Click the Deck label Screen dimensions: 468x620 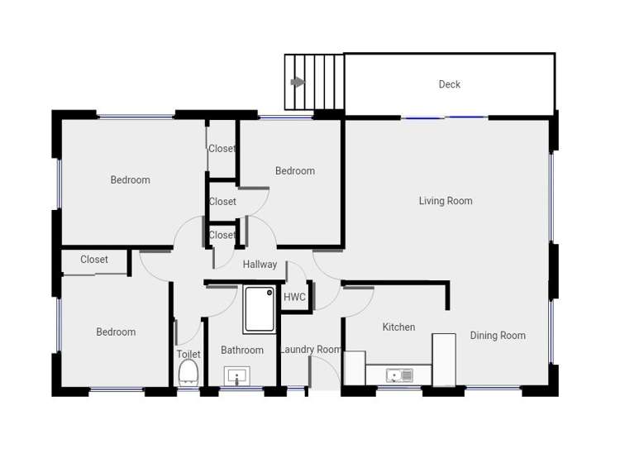point(449,84)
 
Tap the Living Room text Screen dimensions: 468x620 point(446,201)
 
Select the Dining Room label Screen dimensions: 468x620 point(498,336)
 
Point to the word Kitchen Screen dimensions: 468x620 point(398,327)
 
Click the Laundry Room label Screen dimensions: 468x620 point(311,350)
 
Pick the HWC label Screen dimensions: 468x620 point(295,297)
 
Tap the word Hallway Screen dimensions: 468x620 point(260,265)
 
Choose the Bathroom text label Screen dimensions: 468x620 point(242,351)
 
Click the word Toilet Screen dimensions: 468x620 point(188,355)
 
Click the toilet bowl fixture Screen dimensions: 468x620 point(188,372)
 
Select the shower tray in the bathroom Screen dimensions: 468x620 point(259,309)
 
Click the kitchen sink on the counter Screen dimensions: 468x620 point(400,376)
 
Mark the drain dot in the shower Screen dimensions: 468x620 point(269,292)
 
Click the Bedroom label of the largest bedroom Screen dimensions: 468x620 point(131,180)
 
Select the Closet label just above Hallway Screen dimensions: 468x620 point(222,236)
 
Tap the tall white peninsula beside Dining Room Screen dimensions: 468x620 point(444,359)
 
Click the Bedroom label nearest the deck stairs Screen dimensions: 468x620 point(295,171)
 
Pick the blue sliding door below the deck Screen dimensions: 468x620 point(445,118)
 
